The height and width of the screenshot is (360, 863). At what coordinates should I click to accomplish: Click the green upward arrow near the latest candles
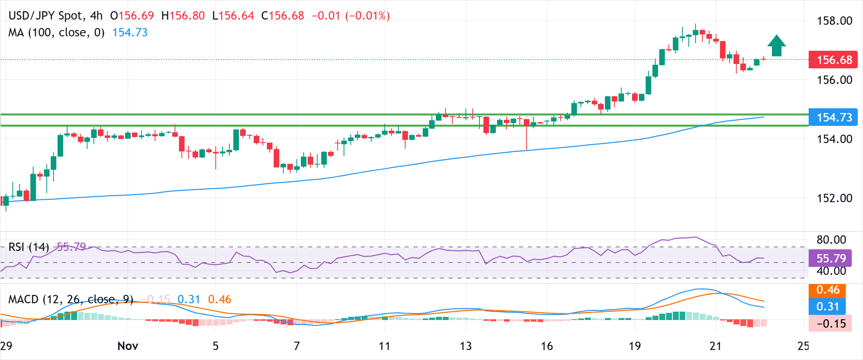tap(776, 46)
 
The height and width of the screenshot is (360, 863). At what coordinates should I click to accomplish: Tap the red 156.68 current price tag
tap(833, 60)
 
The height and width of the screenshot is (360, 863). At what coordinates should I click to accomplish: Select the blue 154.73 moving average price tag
tap(833, 117)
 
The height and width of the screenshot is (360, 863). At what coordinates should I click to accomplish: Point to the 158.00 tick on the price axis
tap(834, 21)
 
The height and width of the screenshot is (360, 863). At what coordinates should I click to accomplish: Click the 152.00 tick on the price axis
tap(834, 198)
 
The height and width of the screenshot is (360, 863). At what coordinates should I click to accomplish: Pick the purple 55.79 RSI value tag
tap(830, 258)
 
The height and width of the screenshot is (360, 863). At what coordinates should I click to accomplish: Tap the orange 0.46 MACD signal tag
tap(827, 290)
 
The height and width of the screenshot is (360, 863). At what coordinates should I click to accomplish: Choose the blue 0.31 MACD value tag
tap(827, 306)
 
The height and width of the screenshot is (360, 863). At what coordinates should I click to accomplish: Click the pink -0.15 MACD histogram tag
tap(830, 323)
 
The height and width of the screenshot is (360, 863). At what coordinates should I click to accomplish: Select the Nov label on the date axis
tap(128, 346)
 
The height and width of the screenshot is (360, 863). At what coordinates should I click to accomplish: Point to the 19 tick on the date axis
tap(634, 346)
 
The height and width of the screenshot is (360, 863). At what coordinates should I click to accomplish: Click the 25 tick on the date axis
tap(803, 346)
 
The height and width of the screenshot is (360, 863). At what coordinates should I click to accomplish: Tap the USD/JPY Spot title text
tap(46, 16)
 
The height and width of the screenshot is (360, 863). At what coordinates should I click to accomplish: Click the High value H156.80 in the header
tap(183, 16)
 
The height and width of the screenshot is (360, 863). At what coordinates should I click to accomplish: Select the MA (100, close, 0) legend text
tap(56, 32)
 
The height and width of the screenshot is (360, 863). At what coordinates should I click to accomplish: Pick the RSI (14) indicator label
tap(29, 247)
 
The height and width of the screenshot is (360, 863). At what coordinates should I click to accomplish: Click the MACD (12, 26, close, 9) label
tap(71, 299)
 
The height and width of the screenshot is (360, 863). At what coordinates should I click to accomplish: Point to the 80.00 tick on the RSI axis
tap(831, 240)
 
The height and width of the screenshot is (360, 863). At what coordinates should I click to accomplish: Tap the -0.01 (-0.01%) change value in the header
tap(350, 16)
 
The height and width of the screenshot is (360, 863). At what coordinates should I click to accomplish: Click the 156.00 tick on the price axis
tap(834, 80)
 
